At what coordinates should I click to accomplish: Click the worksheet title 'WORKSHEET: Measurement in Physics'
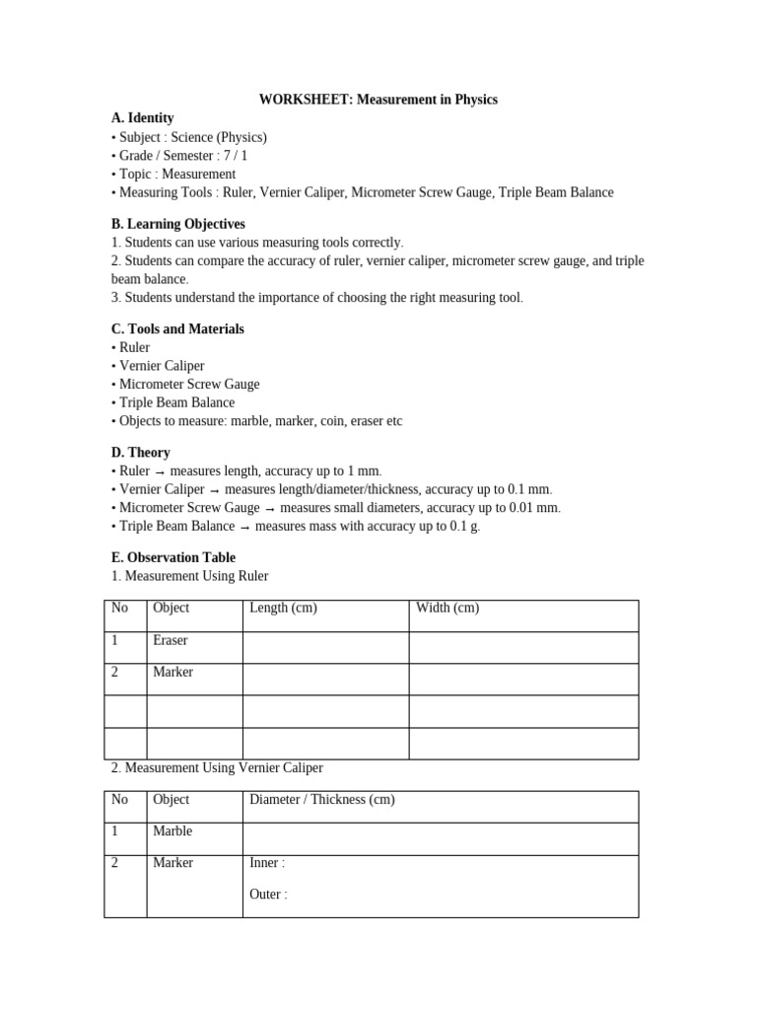(x=378, y=100)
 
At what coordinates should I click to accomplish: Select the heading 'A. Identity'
(x=143, y=118)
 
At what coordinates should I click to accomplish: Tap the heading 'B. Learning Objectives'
(x=178, y=224)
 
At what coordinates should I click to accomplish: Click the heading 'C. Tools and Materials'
(x=177, y=328)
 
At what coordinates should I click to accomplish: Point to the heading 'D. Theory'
(x=141, y=452)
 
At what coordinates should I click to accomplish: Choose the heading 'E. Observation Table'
(x=173, y=557)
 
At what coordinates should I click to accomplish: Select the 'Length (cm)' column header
(x=283, y=608)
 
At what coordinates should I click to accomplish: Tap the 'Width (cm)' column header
(x=447, y=608)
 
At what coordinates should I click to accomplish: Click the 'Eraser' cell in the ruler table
(x=170, y=640)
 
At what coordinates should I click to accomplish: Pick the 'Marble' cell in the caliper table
(x=172, y=830)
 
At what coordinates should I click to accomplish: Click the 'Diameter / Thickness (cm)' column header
(x=321, y=799)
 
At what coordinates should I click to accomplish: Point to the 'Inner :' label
(x=267, y=863)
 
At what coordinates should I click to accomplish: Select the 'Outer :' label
(x=268, y=895)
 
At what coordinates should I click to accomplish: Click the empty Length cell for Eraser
(x=325, y=647)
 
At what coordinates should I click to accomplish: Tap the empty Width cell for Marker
(x=523, y=679)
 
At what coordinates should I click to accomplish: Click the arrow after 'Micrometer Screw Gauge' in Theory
(x=270, y=508)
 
